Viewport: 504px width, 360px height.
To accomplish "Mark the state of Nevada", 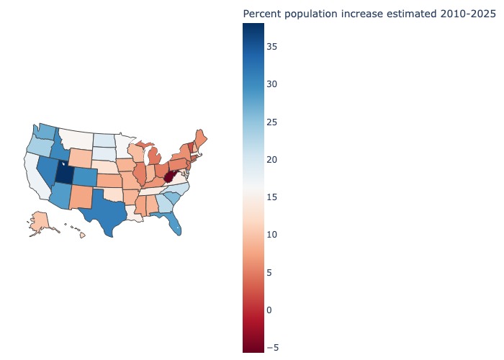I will tap(48, 170).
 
